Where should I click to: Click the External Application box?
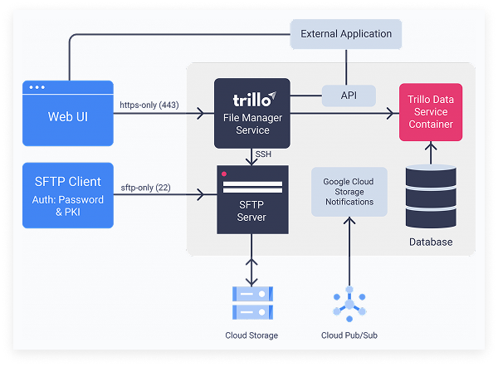pyautogui.click(x=346, y=34)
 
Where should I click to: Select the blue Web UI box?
pyautogui.click(x=67, y=114)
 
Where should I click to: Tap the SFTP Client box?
pyautogui.click(x=67, y=194)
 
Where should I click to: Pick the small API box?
pyautogui.click(x=349, y=95)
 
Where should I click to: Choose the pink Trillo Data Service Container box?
pyautogui.click(x=431, y=111)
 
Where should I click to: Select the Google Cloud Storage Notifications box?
pyautogui.click(x=349, y=191)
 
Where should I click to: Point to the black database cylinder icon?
pyautogui.click(x=430, y=195)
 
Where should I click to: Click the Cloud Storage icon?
pyautogui.click(x=251, y=303)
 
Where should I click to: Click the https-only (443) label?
pyautogui.click(x=152, y=105)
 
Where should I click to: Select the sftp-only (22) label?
pyautogui.click(x=146, y=187)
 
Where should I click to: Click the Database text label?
pyautogui.click(x=430, y=242)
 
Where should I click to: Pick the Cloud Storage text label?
pyautogui.click(x=251, y=335)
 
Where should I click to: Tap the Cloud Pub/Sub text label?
pyautogui.click(x=349, y=335)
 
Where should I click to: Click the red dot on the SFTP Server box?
pyautogui.click(x=224, y=174)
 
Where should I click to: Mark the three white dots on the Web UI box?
pyautogui.click(x=38, y=88)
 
